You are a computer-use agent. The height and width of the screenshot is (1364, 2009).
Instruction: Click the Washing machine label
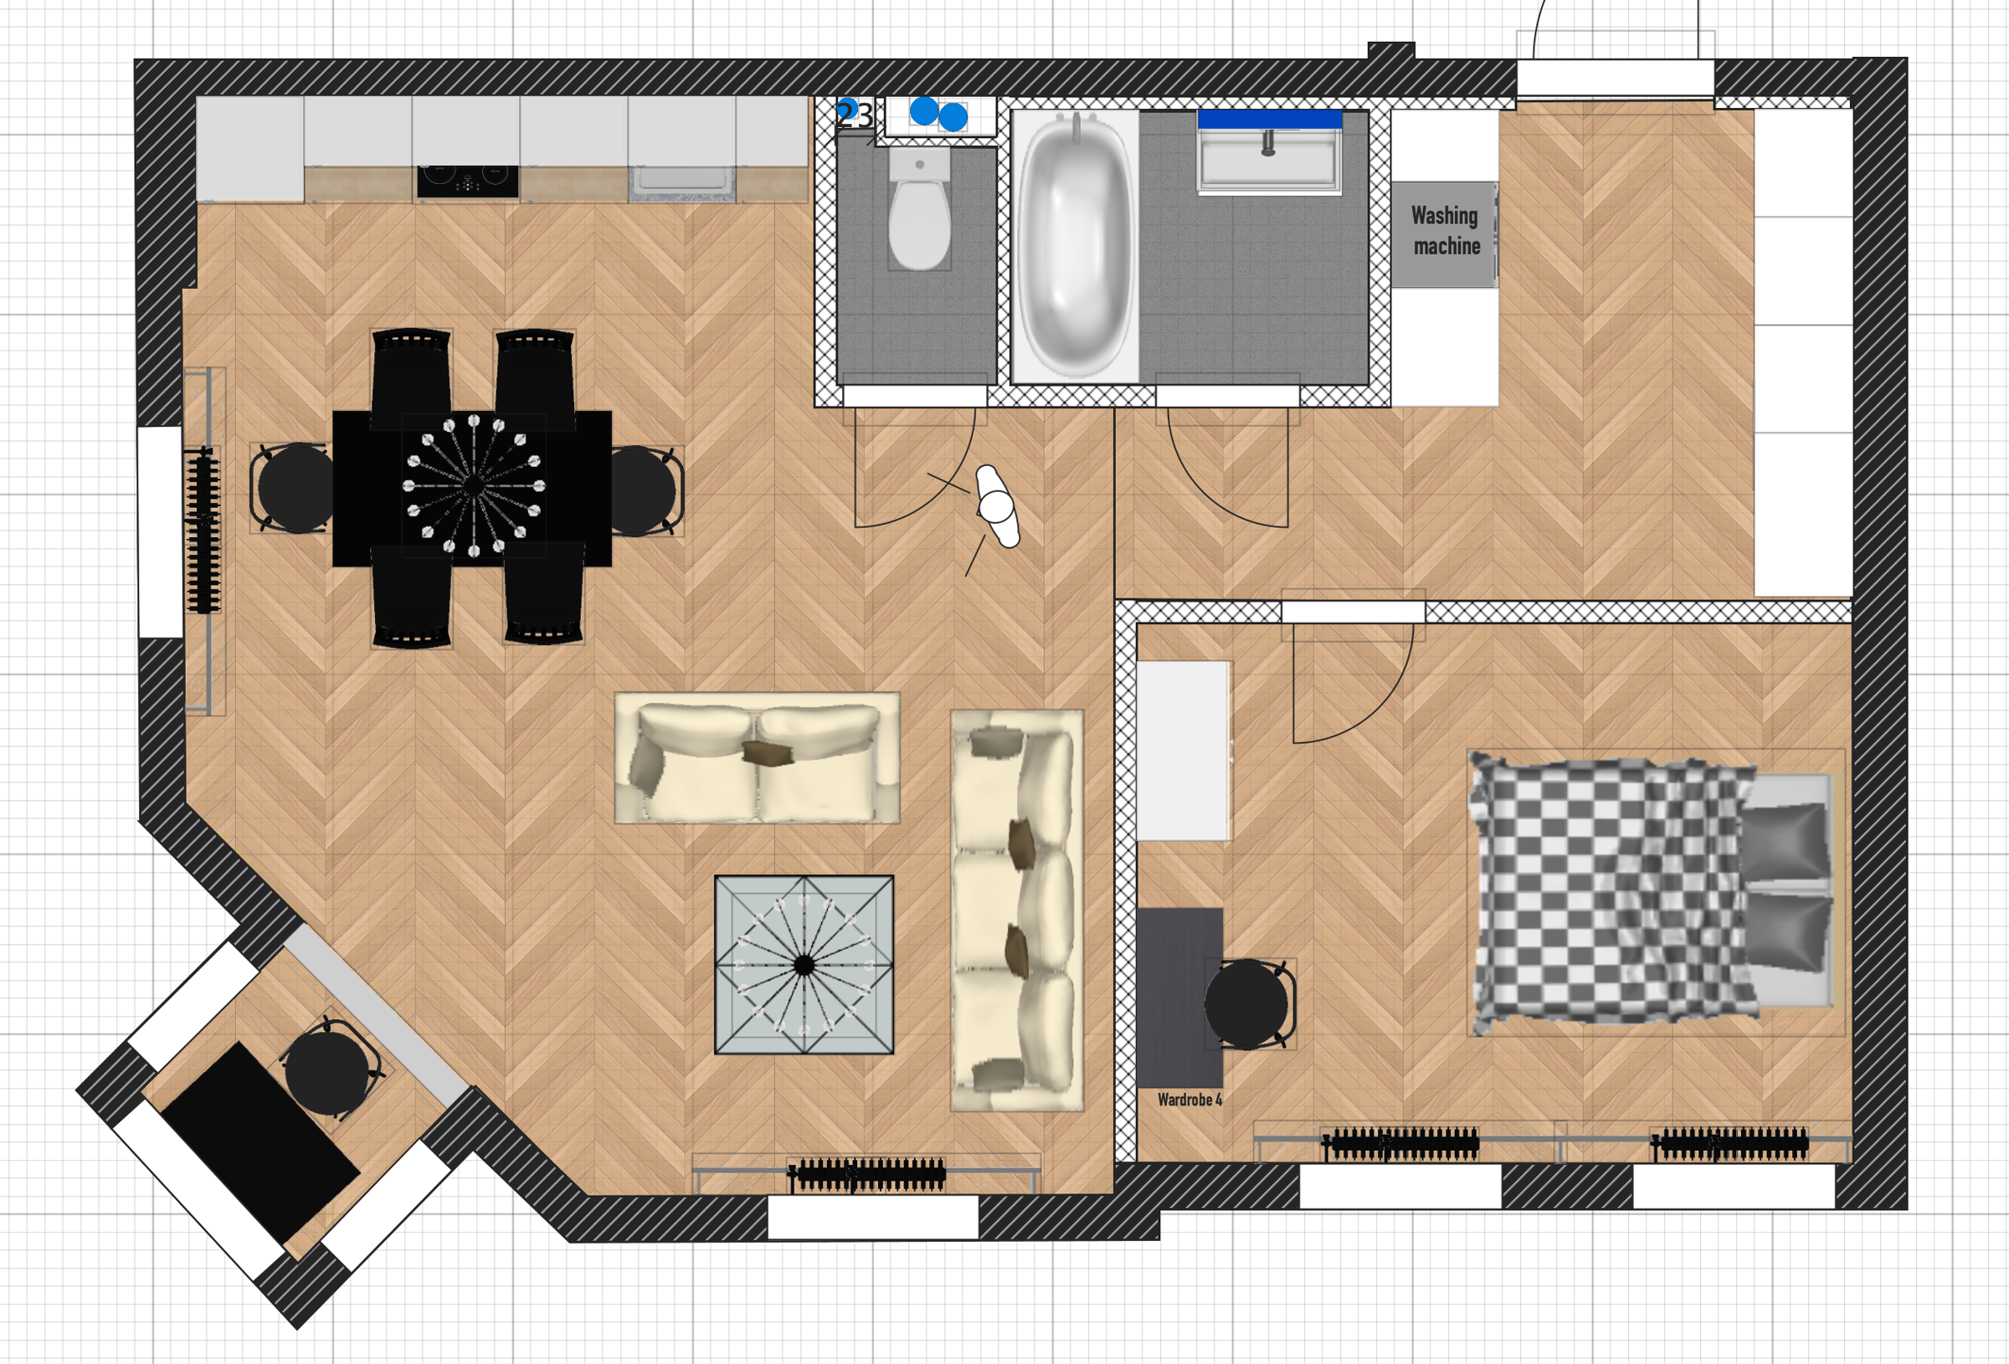click(1446, 231)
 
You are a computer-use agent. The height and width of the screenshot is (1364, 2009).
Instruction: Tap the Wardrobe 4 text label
click(1189, 1100)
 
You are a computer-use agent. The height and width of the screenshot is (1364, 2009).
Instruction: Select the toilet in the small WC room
click(920, 208)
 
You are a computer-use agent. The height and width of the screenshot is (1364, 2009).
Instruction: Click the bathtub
click(1076, 245)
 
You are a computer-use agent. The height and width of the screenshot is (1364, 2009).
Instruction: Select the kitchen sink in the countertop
click(682, 182)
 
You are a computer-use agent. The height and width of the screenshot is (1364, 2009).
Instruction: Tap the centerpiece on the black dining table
click(474, 486)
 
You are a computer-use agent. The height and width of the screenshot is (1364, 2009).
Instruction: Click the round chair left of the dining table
click(292, 488)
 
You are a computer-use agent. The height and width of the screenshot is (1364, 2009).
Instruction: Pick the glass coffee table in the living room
click(804, 965)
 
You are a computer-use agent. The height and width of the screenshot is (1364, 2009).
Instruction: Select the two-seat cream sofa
click(758, 758)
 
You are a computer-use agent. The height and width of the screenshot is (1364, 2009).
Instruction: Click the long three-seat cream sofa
click(1016, 910)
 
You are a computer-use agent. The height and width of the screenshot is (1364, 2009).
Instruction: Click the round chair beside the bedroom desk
click(1248, 1003)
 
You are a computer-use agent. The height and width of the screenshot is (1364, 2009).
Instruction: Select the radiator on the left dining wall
click(203, 529)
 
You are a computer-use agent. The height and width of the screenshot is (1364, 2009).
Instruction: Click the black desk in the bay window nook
click(260, 1144)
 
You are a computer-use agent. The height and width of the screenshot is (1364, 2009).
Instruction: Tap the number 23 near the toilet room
click(855, 115)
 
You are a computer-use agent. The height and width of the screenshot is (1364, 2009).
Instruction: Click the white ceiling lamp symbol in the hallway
click(998, 506)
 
